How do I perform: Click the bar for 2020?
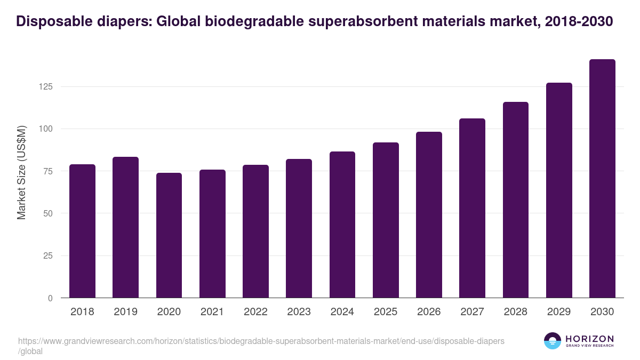pyautogui.click(x=169, y=235)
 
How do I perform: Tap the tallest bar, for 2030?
pyautogui.click(x=602, y=179)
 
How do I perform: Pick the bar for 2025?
pyautogui.click(x=386, y=220)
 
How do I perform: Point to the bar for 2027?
pyautogui.click(x=472, y=208)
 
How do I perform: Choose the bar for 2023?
pyautogui.click(x=299, y=228)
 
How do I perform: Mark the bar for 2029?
pyautogui.click(x=559, y=190)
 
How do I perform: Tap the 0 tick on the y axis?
pyautogui.click(x=50, y=298)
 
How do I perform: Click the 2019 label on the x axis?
pyautogui.click(x=125, y=312)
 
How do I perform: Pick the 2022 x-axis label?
pyautogui.click(x=255, y=312)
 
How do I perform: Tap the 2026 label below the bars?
pyautogui.click(x=429, y=312)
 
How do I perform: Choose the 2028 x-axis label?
pyautogui.click(x=516, y=312)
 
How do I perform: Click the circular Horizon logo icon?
pyautogui.click(x=552, y=341)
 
